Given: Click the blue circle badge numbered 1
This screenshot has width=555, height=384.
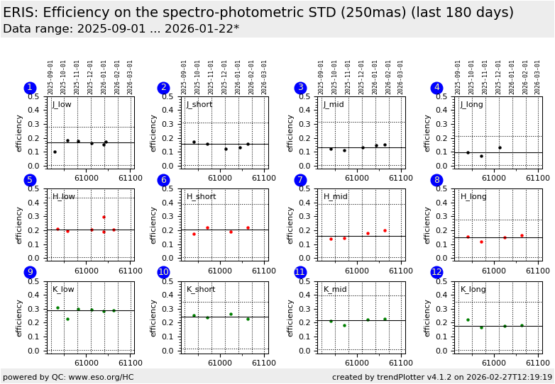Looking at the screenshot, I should click(x=30, y=88).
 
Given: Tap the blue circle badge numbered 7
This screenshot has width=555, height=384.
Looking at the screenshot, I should click(x=300, y=180).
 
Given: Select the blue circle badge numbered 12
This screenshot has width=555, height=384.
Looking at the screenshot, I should click(x=437, y=272).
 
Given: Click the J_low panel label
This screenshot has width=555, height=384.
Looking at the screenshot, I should click(x=62, y=105).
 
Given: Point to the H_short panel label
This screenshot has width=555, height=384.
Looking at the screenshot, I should click(x=202, y=197).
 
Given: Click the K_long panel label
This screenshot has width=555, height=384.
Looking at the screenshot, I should click(x=473, y=289).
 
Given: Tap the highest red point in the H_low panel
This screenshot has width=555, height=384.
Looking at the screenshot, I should click(x=104, y=217).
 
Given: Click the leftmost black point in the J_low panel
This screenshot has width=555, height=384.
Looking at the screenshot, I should click(x=55, y=152).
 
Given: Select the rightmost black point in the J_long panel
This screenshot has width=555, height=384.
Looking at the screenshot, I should click(x=500, y=147).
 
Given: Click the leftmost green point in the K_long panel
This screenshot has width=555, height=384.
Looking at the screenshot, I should click(x=468, y=320).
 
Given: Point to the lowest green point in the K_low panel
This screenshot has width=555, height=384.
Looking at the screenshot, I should click(x=67, y=319).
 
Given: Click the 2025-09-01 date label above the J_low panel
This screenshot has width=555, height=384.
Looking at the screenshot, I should click(x=51, y=77).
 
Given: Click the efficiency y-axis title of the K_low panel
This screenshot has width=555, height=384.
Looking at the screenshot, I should click(x=20, y=317).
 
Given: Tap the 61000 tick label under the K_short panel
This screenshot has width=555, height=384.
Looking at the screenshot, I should click(x=219, y=359).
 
